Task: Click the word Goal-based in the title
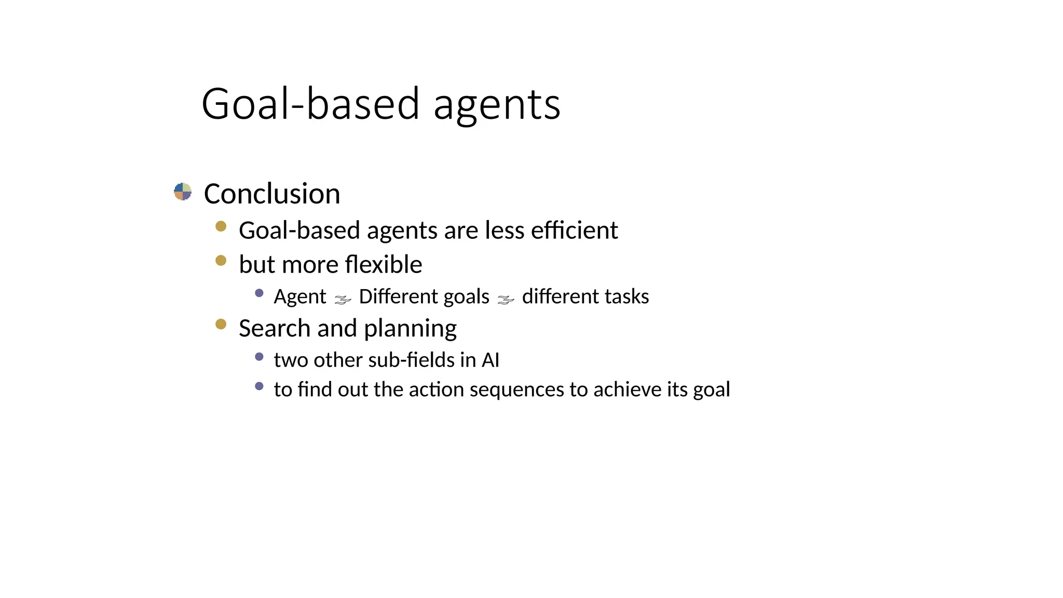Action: [310, 104]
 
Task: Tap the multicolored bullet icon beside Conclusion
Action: [183, 192]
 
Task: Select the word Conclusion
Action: [272, 194]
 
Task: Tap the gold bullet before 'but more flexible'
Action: [221, 260]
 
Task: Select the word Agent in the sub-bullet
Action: [300, 297]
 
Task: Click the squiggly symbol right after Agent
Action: [343, 300]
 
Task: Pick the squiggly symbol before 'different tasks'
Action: [506, 300]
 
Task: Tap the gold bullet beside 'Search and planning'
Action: [221, 324]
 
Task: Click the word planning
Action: [410, 329]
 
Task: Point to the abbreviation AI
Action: [490, 360]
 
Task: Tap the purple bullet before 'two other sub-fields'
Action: [260, 357]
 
